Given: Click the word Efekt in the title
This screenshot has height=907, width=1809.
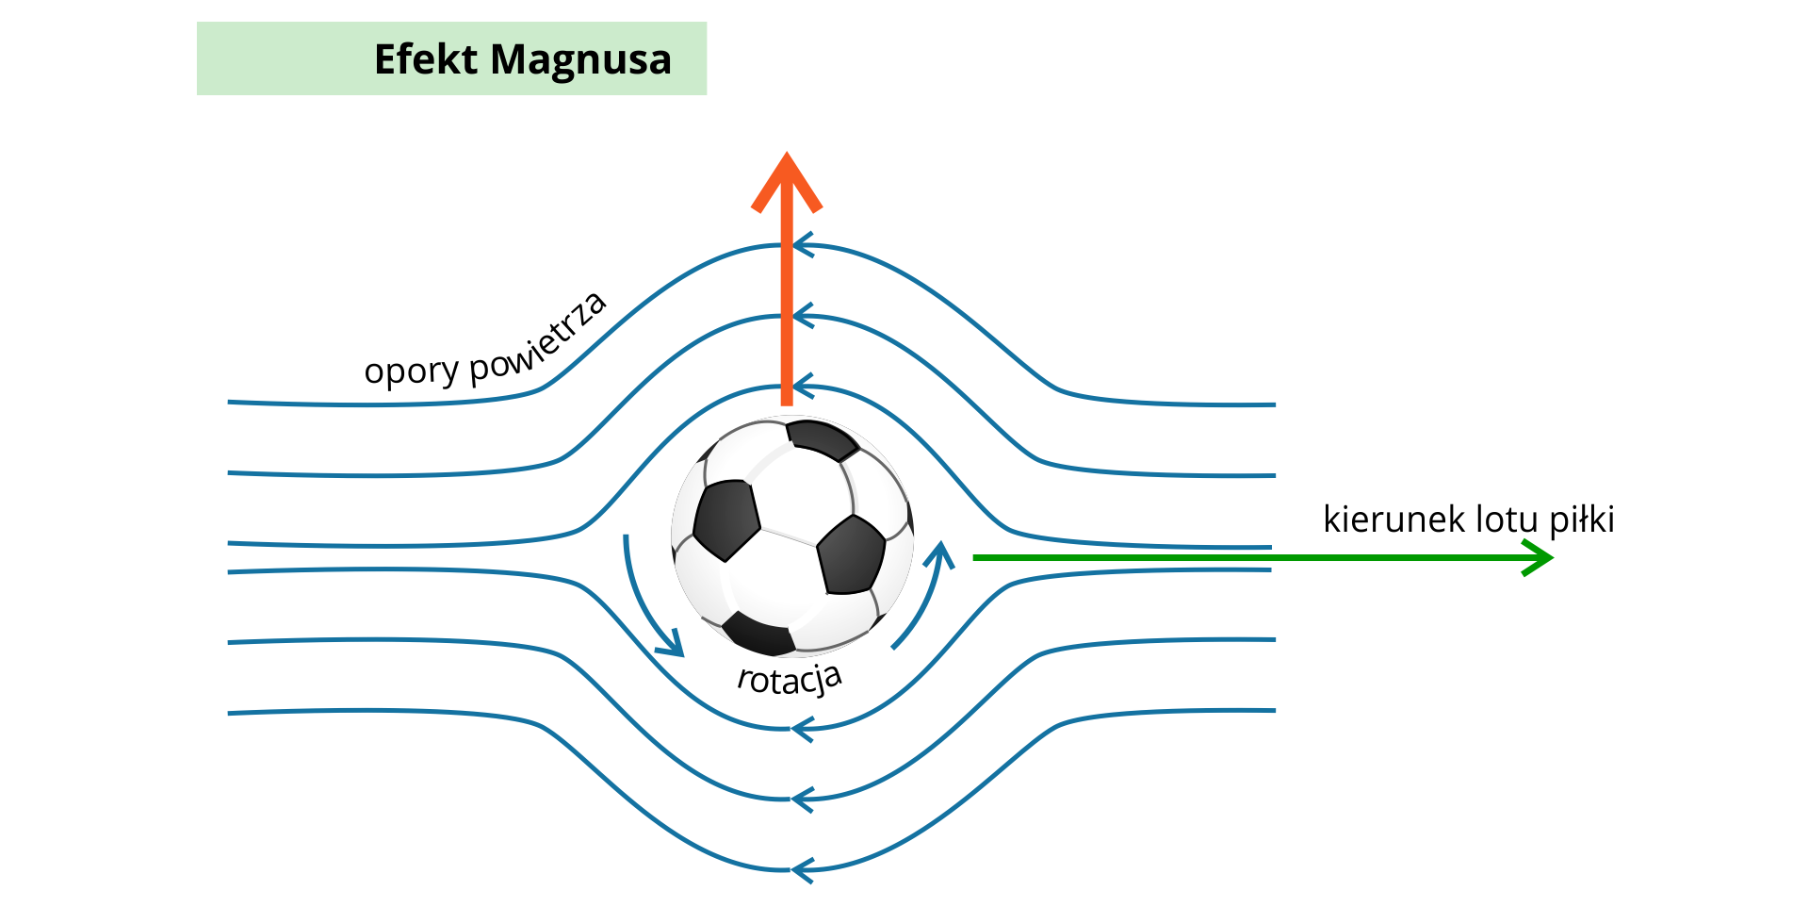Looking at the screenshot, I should [x=426, y=59].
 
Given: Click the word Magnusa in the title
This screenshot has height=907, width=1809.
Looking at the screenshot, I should [x=580, y=60].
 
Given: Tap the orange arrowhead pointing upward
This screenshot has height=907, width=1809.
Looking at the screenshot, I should [x=787, y=181].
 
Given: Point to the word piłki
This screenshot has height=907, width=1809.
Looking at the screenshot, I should [x=1583, y=519].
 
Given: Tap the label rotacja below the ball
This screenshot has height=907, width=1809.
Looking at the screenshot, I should [x=790, y=679].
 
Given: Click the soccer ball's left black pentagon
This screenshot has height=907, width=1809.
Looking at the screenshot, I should [x=725, y=519].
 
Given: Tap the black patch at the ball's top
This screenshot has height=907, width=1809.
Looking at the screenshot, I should [x=822, y=439].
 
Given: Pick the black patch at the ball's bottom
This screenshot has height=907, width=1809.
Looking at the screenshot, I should [x=759, y=635].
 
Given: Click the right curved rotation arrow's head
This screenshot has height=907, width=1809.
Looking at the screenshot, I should [x=939, y=555].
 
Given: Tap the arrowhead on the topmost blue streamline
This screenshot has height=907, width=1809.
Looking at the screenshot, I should [x=803, y=246].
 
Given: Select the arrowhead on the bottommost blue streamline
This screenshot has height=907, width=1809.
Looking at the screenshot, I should [x=803, y=869].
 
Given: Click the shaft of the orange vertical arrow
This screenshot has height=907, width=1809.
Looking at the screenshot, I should [x=787, y=311].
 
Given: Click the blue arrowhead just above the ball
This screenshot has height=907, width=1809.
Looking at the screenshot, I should [x=803, y=387].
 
